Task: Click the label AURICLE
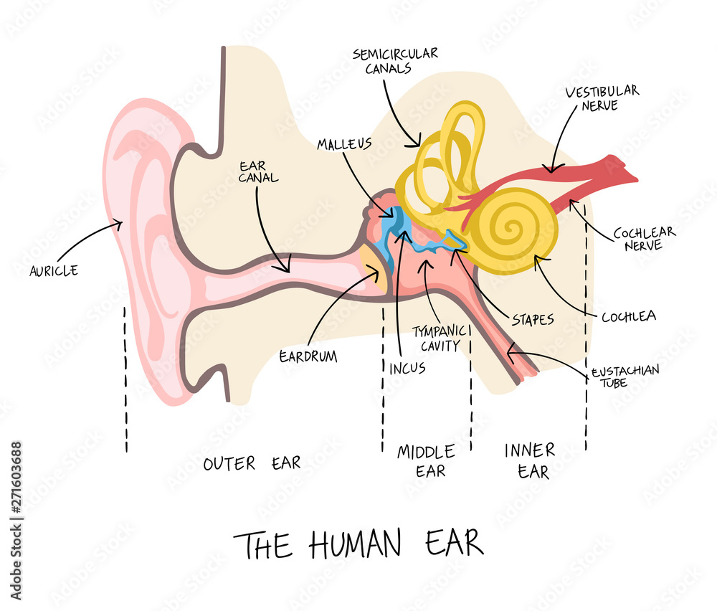(54, 271)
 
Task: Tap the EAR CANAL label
(258, 172)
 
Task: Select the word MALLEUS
(344, 144)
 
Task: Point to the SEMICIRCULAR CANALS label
(395, 61)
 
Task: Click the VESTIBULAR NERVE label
(602, 98)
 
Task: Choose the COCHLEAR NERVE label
(645, 239)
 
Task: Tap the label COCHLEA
(629, 316)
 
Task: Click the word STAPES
(533, 319)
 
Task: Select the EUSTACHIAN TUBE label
(625, 376)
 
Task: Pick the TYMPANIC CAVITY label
(440, 338)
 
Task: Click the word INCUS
(407, 368)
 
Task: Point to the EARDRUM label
(308, 356)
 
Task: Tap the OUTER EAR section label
(252, 463)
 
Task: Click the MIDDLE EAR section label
(426, 461)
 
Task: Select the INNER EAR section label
(531, 461)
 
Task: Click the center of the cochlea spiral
(512, 227)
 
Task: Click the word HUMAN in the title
(355, 544)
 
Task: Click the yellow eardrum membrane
(375, 270)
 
